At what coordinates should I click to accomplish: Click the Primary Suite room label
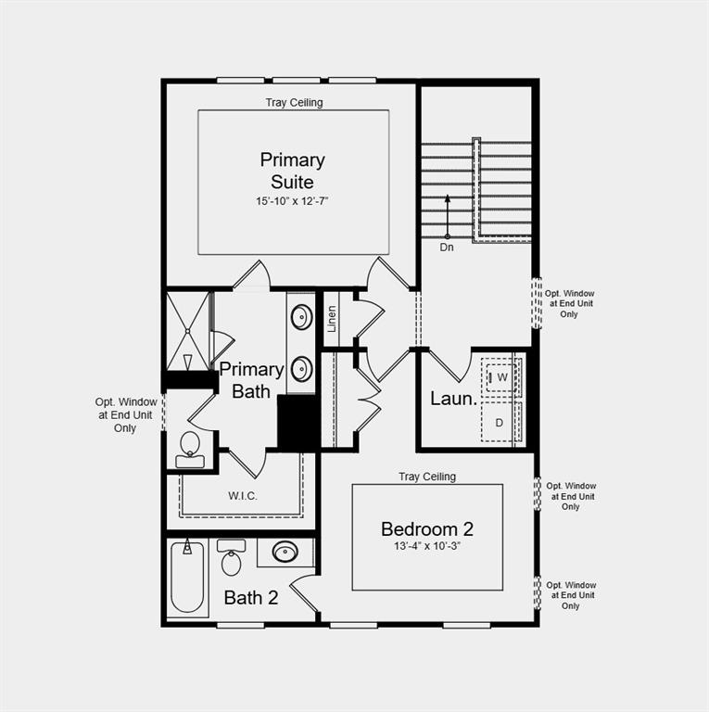pos(293,171)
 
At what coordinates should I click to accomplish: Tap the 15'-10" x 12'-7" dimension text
pos(293,200)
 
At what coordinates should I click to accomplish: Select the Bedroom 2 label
pos(427,529)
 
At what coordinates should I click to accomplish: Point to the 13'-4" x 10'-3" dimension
pos(427,546)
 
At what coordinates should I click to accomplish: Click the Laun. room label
pos(453,400)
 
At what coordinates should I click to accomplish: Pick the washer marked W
pos(501,378)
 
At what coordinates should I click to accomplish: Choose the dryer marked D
pos(500,423)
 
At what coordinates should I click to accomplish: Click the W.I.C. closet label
pos(243,496)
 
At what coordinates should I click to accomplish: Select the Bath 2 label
pos(251,598)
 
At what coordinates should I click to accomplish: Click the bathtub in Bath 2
pos(189,577)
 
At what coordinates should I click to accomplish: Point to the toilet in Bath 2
pos(232,559)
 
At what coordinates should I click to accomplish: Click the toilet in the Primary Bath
pos(190,447)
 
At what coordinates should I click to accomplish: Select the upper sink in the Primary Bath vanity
pos(301,318)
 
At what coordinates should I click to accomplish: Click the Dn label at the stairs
pos(447,248)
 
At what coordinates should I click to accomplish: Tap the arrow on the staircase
pos(447,216)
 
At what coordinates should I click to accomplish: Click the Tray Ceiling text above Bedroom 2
pos(427,477)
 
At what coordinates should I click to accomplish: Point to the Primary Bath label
pos(251,380)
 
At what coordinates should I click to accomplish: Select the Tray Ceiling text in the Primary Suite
pos(294,103)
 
